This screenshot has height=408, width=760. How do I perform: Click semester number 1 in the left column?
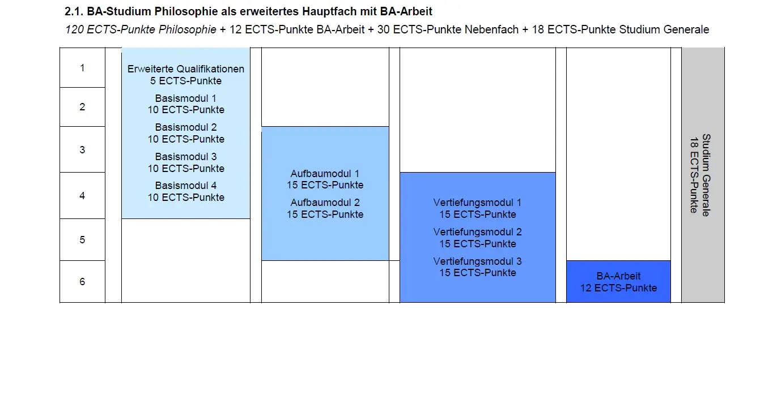click(x=82, y=68)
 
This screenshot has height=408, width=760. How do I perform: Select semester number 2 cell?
click(x=82, y=107)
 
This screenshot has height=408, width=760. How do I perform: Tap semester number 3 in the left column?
click(x=82, y=149)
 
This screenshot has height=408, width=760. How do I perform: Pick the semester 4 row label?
click(x=82, y=196)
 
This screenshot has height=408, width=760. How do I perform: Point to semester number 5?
click(x=82, y=239)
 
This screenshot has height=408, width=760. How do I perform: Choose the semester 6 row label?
click(x=82, y=281)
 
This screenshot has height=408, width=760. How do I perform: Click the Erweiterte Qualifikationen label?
click(x=185, y=69)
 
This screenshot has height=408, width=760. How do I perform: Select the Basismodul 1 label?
click(x=185, y=98)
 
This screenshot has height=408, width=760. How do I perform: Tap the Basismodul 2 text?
click(x=185, y=127)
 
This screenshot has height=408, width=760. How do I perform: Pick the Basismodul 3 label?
click(x=185, y=157)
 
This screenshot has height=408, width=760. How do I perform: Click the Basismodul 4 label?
click(x=185, y=186)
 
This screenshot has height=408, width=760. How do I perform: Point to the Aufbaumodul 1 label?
click(x=325, y=174)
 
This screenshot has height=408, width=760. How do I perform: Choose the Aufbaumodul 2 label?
click(x=325, y=203)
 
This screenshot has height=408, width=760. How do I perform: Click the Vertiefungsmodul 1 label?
click(x=477, y=203)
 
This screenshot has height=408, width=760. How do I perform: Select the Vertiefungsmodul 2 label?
click(x=477, y=232)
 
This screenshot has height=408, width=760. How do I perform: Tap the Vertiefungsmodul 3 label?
click(x=477, y=261)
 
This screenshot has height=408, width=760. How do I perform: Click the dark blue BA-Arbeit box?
click(x=618, y=281)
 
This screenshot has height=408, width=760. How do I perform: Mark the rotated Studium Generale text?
click(x=706, y=175)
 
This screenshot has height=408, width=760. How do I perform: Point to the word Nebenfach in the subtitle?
click(x=491, y=29)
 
